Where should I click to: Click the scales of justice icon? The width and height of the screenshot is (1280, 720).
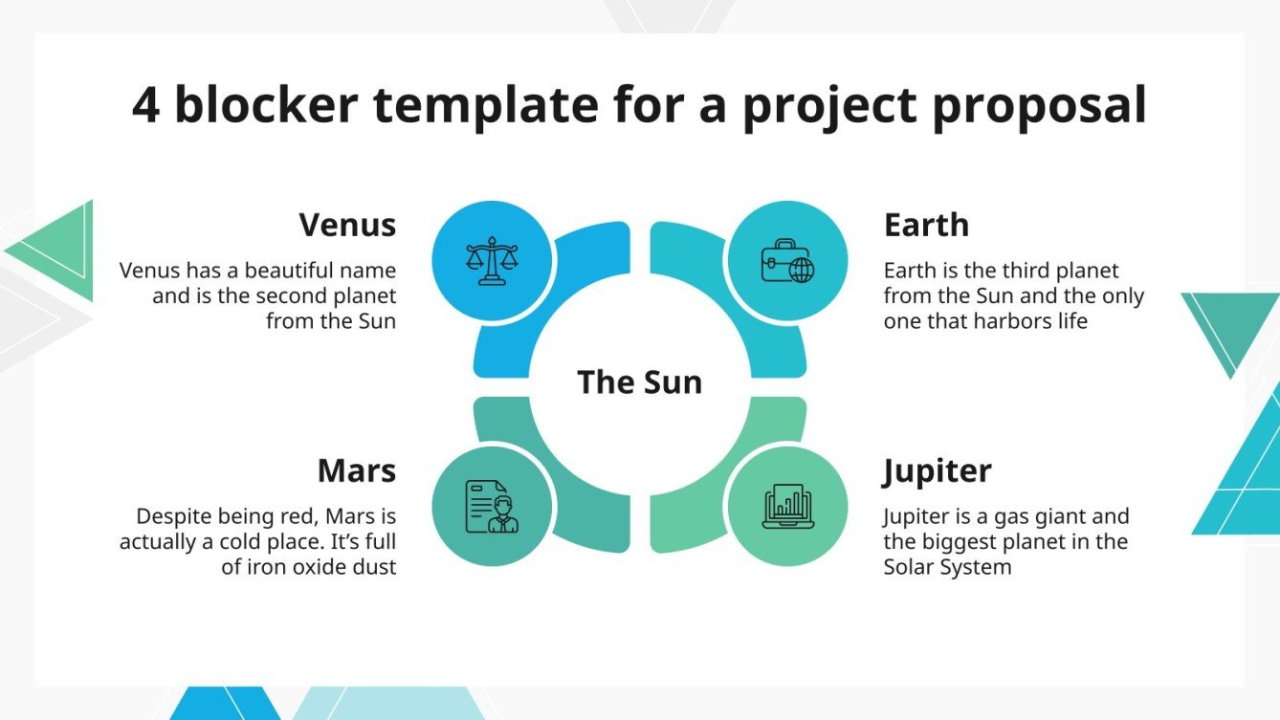point(492,261)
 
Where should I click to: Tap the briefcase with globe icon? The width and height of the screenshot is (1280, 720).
point(788,261)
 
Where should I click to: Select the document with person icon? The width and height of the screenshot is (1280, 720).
point(492,507)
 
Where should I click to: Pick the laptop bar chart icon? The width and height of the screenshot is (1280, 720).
point(788,507)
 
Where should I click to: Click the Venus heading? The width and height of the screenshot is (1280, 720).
point(347,225)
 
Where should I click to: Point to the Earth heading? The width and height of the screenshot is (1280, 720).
point(926,225)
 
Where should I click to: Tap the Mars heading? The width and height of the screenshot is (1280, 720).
point(357,470)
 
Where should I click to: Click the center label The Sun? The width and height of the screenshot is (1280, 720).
point(639,382)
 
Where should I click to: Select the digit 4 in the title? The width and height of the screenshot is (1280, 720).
point(145,105)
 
